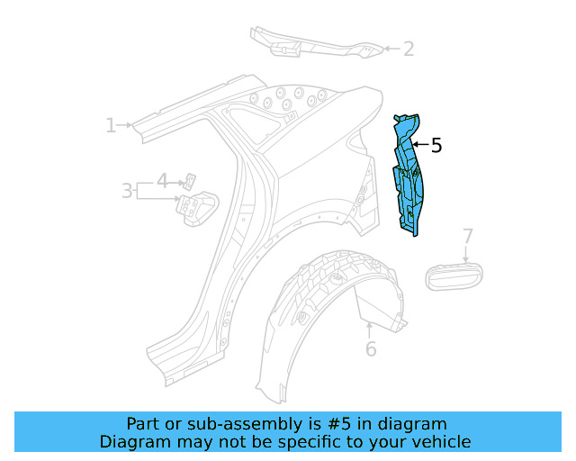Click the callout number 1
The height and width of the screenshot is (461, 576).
coord(111,125)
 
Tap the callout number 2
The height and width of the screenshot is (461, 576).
coord(409,49)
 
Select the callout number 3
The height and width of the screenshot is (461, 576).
coord(127,191)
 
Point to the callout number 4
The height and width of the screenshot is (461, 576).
coord(162,180)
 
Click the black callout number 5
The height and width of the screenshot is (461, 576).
coord(436,145)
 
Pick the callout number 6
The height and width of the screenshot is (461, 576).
coord(371,349)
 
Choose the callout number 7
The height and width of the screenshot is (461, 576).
coord(467,237)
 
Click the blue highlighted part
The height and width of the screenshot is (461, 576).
coord(410,176)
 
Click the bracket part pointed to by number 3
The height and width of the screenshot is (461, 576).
coord(196,208)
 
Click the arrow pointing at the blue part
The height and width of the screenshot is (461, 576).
coord(420,144)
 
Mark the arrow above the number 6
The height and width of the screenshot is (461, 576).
coord(370,329)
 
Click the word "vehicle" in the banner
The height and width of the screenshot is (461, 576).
coord(440,441)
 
